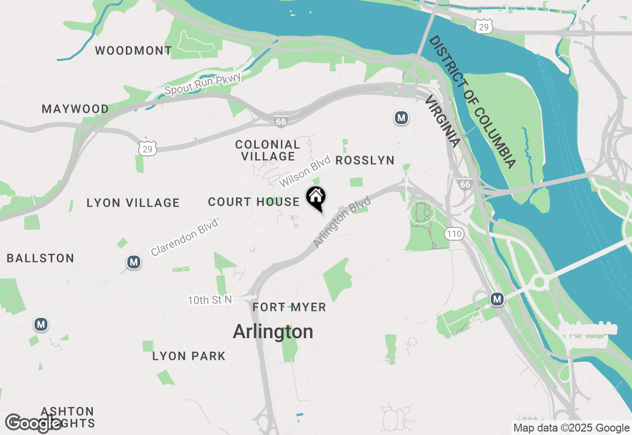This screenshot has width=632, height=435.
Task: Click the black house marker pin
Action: point(316,198)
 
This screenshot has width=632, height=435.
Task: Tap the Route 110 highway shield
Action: point(454,234)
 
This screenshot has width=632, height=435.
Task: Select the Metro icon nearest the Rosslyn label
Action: point(401,118)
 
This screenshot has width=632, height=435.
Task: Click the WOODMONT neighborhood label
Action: point(133,50)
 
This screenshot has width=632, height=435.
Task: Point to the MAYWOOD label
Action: point(76,109)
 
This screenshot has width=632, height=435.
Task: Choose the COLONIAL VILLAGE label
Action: point(268,150)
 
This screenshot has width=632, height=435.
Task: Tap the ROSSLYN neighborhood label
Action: point(365,160)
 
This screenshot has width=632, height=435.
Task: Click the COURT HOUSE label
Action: point(254,202)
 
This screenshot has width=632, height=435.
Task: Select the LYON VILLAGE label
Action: point(133,203)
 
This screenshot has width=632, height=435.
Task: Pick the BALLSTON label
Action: point(40,258)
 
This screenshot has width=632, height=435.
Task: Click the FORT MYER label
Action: point(289,307)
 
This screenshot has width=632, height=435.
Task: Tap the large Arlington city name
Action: point(273,332)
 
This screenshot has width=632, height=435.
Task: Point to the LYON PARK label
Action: point(189,356)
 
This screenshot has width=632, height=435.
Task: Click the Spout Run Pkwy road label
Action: point(202,84)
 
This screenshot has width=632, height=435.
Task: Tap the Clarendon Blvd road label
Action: point(185,237)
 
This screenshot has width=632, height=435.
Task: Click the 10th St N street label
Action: point(210,300)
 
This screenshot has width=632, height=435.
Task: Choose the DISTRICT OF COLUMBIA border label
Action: point(472,102)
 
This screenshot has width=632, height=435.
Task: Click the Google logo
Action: point(33,423)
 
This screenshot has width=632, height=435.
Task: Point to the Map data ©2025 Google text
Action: point(571,428)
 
